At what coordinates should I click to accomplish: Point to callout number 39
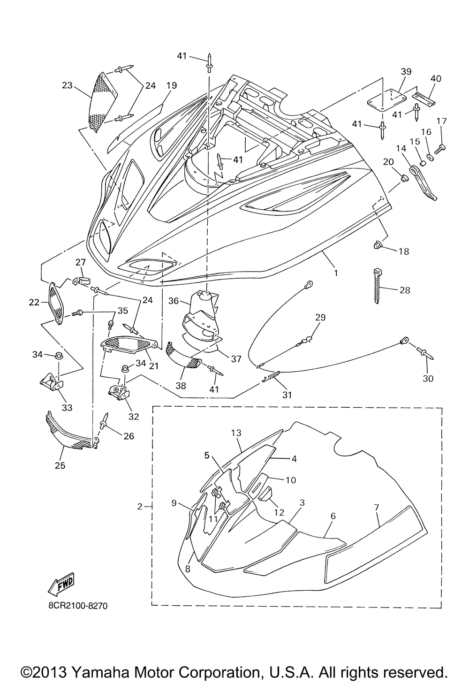(406, 71)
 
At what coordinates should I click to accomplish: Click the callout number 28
(404, 290)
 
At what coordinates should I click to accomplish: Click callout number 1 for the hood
(335, 272)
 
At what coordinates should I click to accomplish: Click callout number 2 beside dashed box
(140, 506)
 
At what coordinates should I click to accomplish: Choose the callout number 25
(60, 465)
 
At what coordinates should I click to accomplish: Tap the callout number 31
(287, 395)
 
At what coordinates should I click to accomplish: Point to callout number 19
(172, 86)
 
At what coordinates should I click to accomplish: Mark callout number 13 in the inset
(236, 433)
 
